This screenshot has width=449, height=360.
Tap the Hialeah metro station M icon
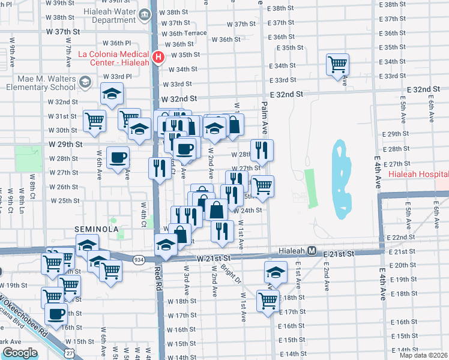tap(312, 251)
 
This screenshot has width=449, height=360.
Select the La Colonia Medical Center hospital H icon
tap(158, 58)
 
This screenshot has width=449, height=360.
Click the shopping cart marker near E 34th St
tap(338, 64)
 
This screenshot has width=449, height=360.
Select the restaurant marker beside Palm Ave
tap(261, 151)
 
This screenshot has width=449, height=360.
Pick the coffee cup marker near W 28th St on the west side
tap(118, 158)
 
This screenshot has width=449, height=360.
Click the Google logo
tap(20, 353)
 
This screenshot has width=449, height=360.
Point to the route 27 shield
tap(71, 349)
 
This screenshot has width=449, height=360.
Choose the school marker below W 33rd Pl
tap(112, 94)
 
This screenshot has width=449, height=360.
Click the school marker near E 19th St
tap(276, 272)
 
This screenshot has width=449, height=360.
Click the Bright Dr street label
tap(231, 273)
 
